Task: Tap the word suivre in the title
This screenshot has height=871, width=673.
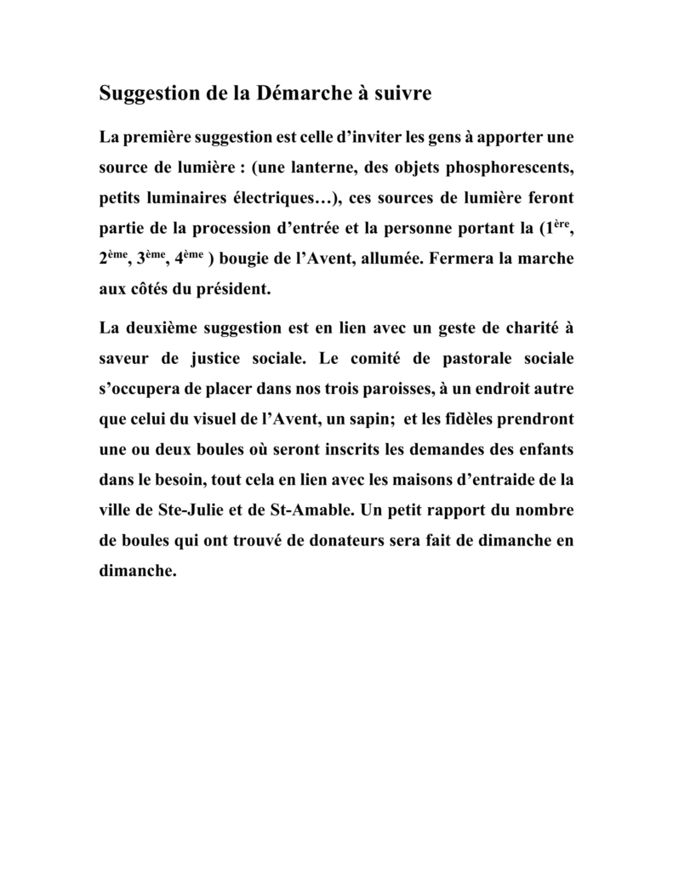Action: point(402,94)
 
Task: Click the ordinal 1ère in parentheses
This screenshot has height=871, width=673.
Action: point(557,227)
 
